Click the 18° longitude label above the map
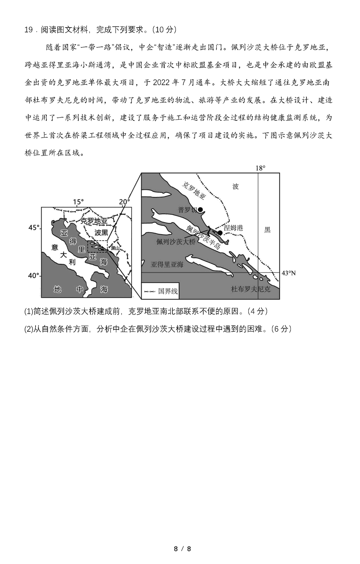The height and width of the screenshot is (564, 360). [260, 168]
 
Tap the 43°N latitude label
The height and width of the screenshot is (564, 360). [288, 273]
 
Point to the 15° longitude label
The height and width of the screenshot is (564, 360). [78, 202]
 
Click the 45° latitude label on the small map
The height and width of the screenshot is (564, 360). [34, 227]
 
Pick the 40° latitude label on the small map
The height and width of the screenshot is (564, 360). [34, 275]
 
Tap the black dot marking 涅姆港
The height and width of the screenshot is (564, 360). [220, 233]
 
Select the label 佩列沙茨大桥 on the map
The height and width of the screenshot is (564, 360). [176, 242]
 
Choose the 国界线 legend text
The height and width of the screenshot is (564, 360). [168, 291]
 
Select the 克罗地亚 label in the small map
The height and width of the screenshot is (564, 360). [94, 221]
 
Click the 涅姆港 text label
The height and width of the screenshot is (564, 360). [233, 228]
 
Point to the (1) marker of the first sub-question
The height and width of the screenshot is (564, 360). [28, 311]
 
